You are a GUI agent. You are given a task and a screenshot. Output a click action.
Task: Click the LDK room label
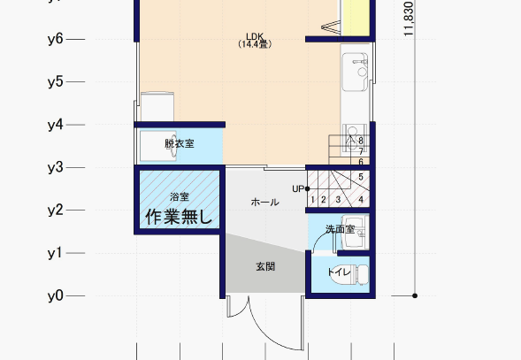tap(255, 36)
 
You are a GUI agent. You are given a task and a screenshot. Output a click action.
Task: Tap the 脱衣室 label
tap(180, 143)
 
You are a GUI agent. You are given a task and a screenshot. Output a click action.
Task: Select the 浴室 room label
tap(180, 196)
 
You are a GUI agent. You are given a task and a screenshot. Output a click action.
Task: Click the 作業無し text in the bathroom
tap(179, 217)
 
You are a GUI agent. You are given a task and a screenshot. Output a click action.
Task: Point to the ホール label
tap(264, 202)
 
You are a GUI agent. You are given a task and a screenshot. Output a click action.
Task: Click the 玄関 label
tap(265, 266)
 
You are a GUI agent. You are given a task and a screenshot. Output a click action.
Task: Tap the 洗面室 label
tap(340, 229)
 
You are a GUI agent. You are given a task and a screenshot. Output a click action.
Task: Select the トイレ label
tap(339, 272)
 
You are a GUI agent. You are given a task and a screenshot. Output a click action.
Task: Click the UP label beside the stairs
tap(298, 188)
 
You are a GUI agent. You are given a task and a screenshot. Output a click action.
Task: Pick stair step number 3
tap(338, 200)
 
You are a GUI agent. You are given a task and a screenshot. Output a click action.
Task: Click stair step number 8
tap(361, 141)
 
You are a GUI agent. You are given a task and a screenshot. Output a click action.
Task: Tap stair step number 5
tap(361, 177)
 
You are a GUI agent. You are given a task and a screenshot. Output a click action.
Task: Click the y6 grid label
tap(55, 39)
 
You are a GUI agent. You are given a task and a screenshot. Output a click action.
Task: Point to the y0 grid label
tap(55, 295)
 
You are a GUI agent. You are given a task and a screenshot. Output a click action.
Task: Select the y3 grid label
tap(55, 167)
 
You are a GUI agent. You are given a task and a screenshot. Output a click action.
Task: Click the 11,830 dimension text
tap(409, 19)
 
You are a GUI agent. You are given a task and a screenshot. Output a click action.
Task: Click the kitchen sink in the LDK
tap(356, 72)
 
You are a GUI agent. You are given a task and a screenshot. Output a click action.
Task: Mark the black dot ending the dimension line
tap(415, 295)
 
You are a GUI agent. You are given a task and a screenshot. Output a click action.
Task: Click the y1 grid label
tap(55, 253)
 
